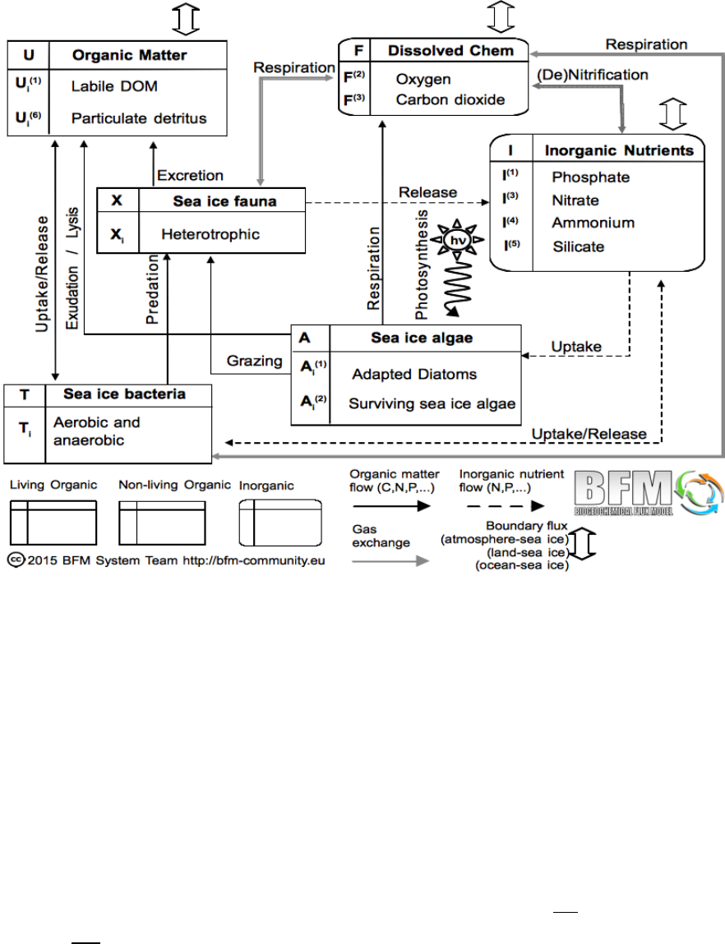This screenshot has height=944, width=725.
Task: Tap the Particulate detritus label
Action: tap(138, 118)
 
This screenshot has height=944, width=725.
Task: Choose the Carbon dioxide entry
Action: tap(450, 99)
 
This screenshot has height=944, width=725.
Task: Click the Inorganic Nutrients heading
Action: tap(619, 150)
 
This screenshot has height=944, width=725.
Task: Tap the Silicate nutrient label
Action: tap(578, 246)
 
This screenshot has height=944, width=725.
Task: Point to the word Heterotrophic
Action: tap(210, 235)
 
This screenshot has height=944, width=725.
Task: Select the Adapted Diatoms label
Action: tap(413, 375)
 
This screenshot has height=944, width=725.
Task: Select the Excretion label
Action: tap(190, 175)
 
